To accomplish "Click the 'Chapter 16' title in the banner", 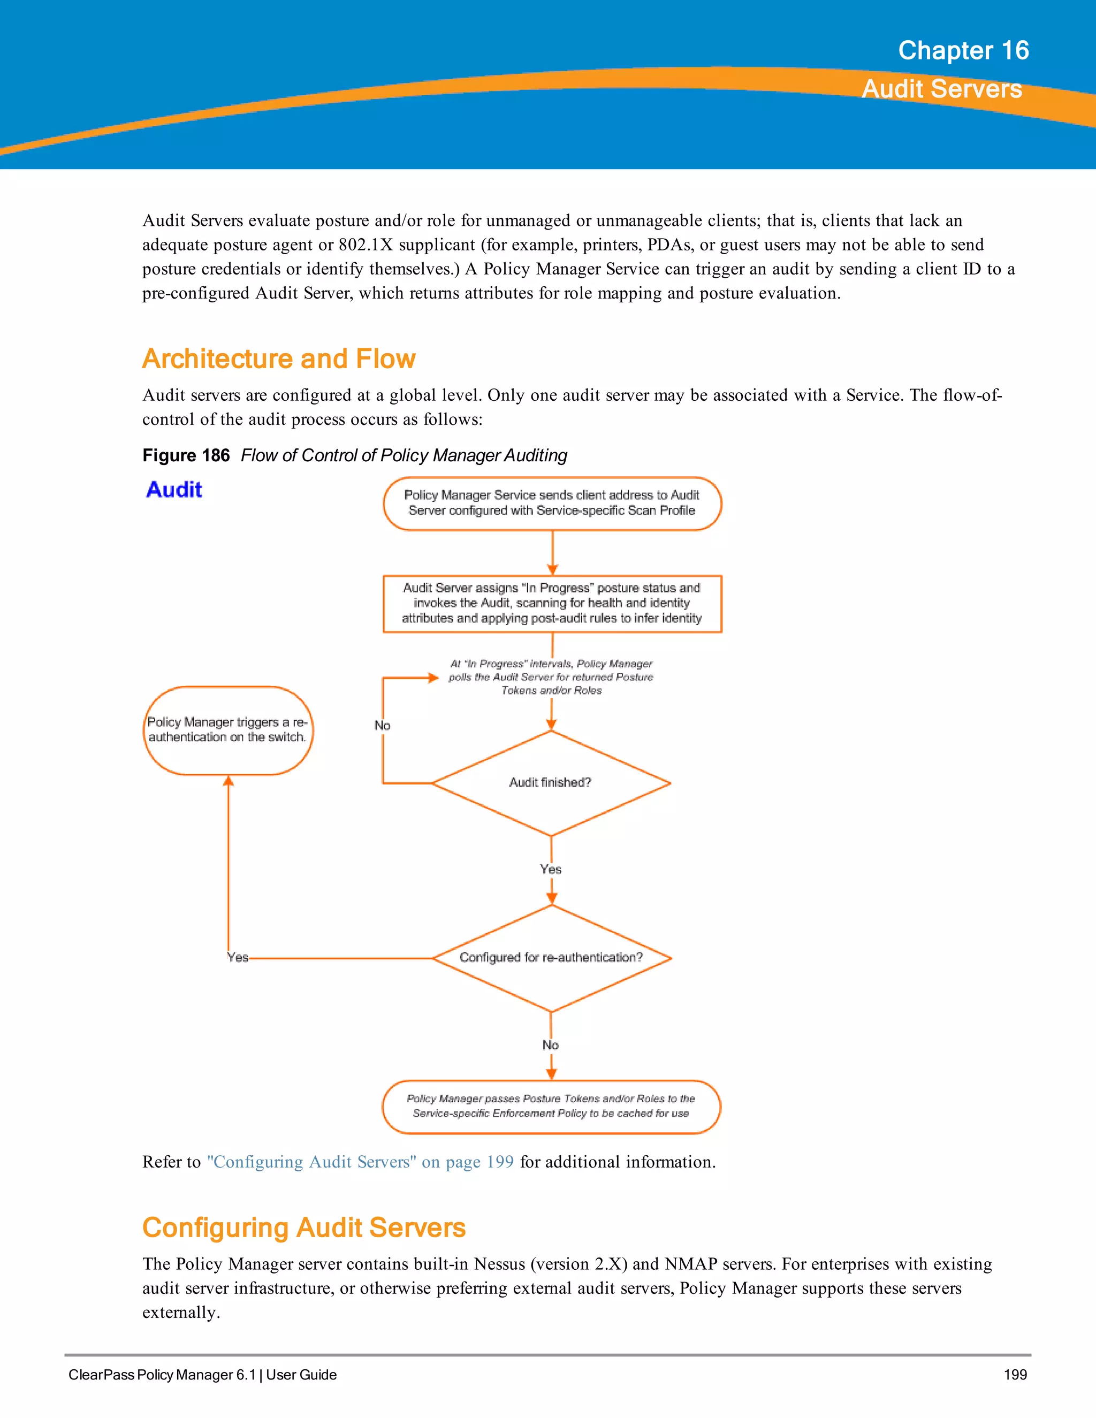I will (963, 51).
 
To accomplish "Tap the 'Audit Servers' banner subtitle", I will (941, 89).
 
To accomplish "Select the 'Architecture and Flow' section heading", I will (278, 359).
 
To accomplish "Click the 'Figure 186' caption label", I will (186, 455).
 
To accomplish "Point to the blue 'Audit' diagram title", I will (174, 490).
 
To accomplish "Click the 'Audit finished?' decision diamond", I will (551, 782).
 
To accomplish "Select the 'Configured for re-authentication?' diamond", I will (551, 957).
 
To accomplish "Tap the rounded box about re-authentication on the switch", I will (227, 730).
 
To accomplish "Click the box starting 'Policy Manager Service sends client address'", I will (552, 503).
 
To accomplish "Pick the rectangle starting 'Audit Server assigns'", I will (552, 603).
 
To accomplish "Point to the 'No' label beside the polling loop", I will (383, 725).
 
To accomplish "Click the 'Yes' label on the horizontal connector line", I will (238, 957).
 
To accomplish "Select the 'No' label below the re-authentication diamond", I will (551, 1045).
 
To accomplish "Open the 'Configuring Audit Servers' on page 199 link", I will (360, 1162).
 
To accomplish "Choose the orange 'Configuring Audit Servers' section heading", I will (304, 1228).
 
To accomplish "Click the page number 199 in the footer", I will (1015, 1375).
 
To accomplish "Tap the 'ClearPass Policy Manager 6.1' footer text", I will (162, 1375).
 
